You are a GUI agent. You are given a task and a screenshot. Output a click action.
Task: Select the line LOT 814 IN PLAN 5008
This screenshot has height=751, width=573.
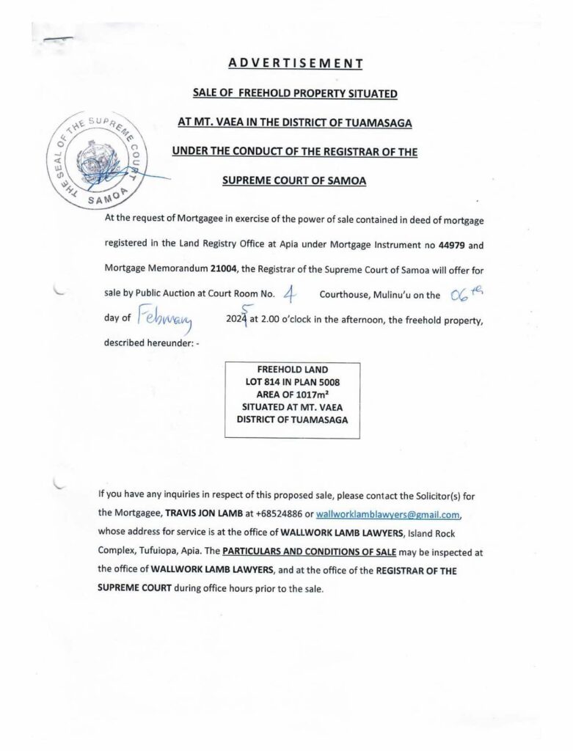[x=292, y=383]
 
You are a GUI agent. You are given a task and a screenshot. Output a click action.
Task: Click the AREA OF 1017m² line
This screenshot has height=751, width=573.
[x=292, y=395]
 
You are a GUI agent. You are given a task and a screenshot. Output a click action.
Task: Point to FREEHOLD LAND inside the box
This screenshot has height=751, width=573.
[x=292, y=370]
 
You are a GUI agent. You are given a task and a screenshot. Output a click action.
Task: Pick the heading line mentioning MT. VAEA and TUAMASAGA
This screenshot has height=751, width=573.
[x=294, y=122]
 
